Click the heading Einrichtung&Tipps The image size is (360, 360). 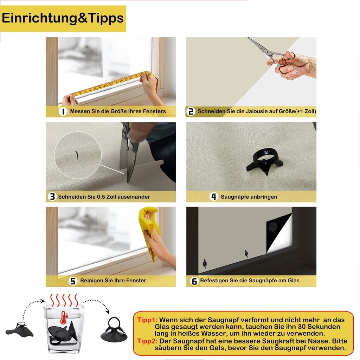63,18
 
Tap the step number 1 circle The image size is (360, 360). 63,111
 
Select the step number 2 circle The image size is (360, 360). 191,111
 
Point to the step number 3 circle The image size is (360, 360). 52,197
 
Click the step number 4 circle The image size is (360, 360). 214,197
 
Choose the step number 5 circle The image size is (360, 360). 73,281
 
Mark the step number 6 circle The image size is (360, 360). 194,281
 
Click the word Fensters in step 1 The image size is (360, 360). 154,111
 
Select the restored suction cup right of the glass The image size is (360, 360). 114,329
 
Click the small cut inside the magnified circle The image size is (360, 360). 76,156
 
